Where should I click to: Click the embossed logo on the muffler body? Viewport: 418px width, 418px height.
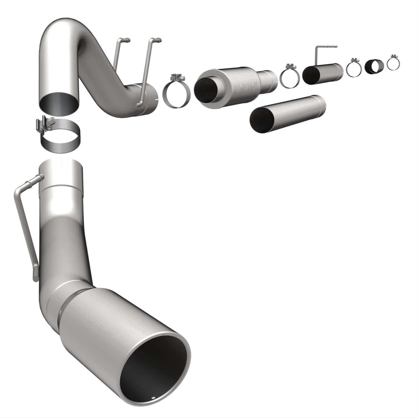pos(246,87)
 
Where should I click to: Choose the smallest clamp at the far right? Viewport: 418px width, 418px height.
pos(393,63)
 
